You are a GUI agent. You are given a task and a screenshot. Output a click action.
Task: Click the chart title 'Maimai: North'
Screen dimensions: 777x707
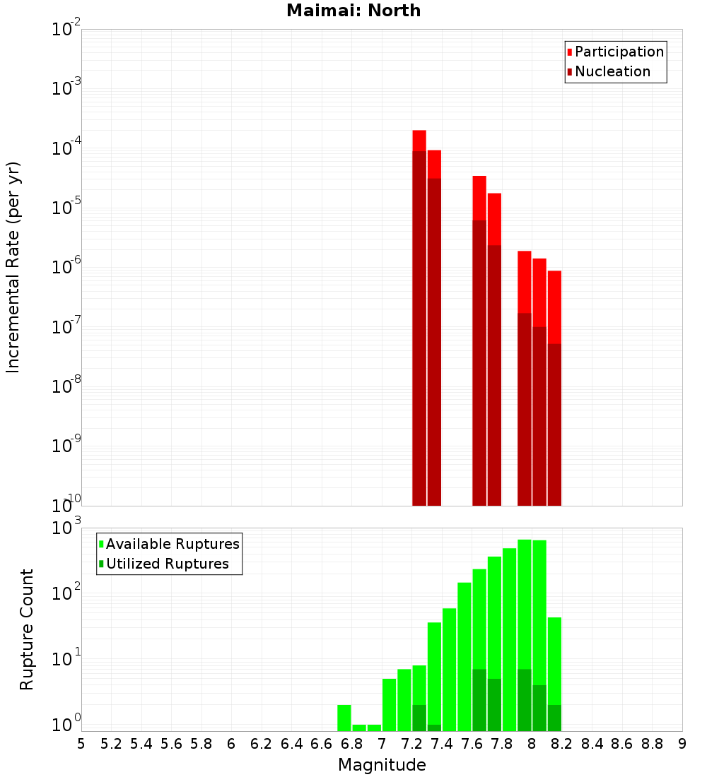tap(353, 11)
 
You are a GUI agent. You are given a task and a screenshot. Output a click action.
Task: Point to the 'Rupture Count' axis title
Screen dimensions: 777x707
tap(27, 629)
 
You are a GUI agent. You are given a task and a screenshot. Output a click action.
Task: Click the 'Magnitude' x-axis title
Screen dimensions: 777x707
tap(382, 765)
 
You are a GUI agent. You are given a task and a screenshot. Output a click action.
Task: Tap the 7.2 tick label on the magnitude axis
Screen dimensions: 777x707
tap(412, 744)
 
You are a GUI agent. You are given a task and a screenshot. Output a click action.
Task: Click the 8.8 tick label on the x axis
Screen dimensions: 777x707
tap(652, 744)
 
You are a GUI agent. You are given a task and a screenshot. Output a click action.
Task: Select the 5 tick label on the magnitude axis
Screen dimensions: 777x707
tap(81, 744)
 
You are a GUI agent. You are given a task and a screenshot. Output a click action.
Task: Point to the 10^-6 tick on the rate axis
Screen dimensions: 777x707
tap(66, 266)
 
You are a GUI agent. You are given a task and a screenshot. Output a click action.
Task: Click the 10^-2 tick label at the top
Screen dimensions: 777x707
tap(66, 29)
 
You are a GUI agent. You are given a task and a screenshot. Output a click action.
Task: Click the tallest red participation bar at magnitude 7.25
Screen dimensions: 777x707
tap(419, 140)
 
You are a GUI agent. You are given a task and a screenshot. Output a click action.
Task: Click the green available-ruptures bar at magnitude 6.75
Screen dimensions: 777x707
tap(344, 717)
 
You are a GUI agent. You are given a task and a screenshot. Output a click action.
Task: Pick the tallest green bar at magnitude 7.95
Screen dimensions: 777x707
tap(525, 600)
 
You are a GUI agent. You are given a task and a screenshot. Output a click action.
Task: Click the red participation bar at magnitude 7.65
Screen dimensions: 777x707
tap(479, 198)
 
